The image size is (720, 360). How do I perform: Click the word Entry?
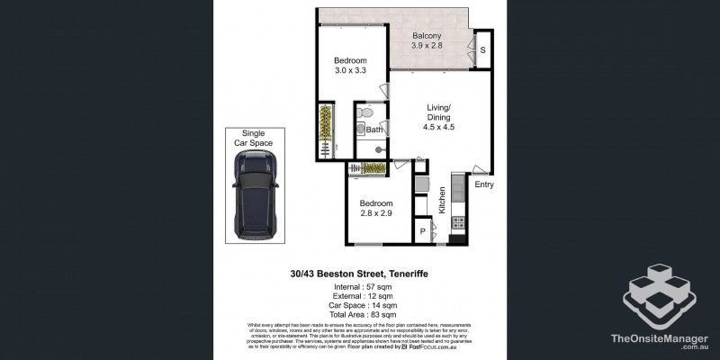[x=484, y=184]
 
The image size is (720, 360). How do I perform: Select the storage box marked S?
[x=483, y=50]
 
